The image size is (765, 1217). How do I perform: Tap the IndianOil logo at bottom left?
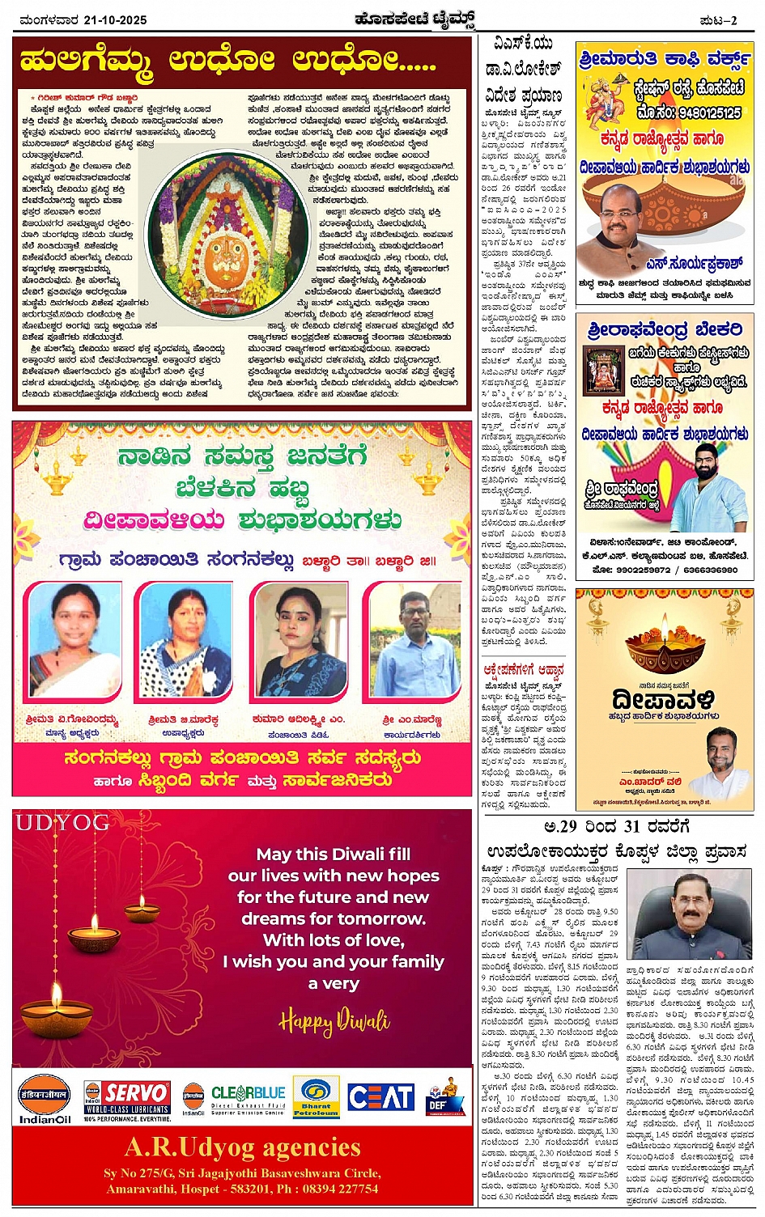click(45, 1097)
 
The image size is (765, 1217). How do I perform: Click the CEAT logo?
click(380, 1097)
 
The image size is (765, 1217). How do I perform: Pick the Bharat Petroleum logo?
click(316, 1097)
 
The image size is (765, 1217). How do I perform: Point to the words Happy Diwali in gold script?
click(334, 1022)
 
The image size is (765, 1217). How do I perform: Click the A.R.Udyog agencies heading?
click(243, 1147)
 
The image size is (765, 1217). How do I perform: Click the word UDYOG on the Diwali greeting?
click(62, 823)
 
